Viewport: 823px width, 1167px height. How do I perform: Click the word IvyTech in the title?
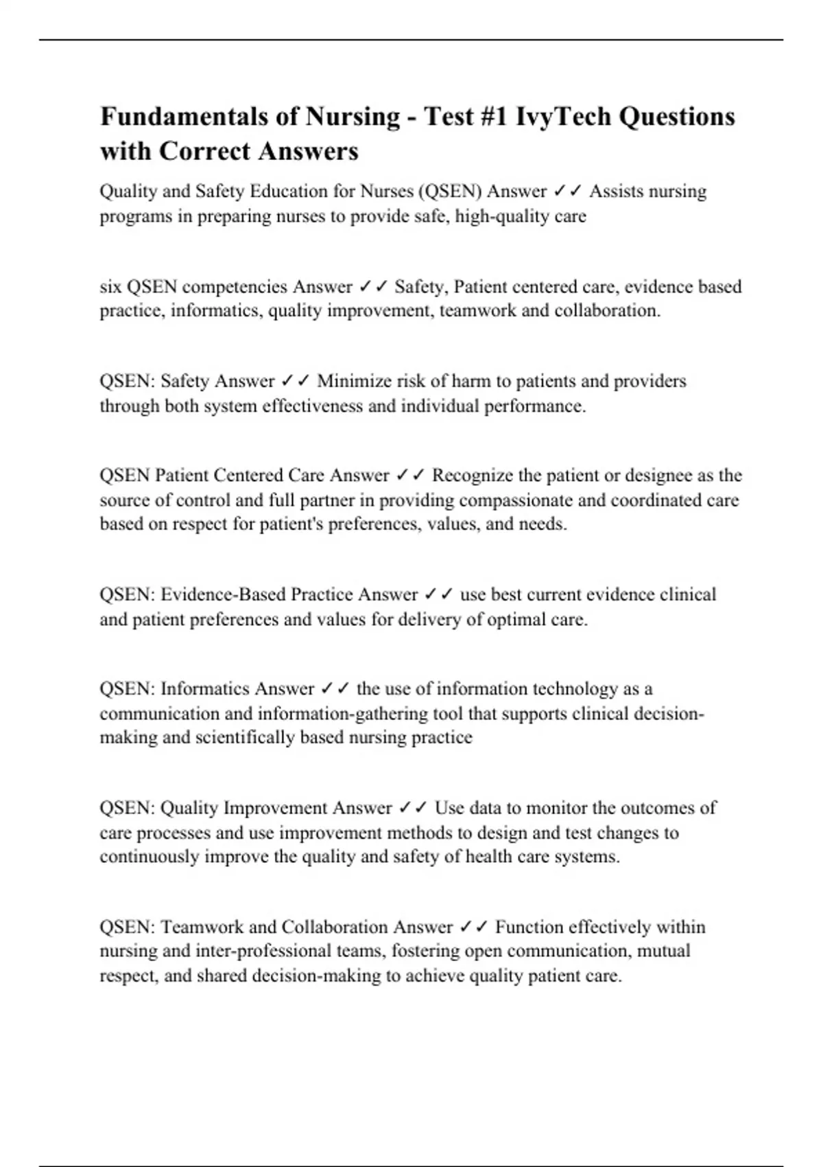(564, 117)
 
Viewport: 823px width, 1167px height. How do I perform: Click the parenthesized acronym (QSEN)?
(449, 191)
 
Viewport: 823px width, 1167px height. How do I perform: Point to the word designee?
(658, 475)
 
